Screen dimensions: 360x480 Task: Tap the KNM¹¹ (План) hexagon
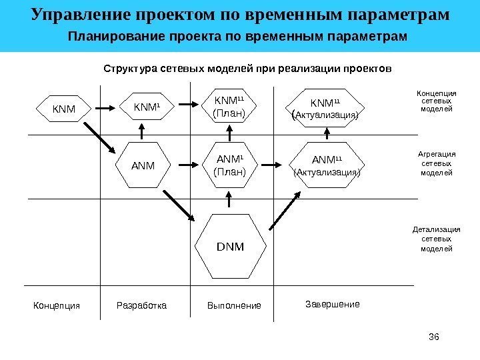(229, 107)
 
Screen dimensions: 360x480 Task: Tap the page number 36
(437, 335)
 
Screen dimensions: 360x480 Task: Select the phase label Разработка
(143, 306)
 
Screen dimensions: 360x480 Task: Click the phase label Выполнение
(234, 306)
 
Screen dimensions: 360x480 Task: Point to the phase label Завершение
(332, 304)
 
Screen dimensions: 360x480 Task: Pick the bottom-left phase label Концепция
(57, 306)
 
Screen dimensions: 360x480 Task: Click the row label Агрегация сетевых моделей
(437, 162)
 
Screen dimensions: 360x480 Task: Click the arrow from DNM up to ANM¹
(229, 199)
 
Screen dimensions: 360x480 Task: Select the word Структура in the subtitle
(127, 68)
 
